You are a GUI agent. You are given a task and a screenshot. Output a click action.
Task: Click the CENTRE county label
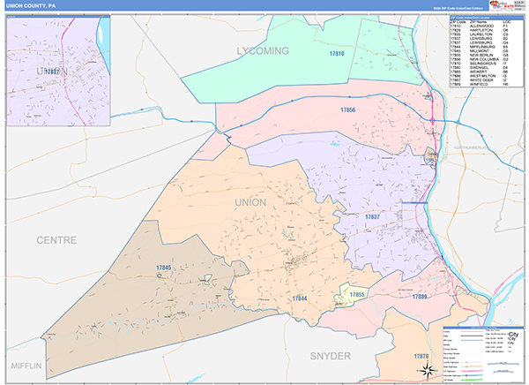[x=56, y=239]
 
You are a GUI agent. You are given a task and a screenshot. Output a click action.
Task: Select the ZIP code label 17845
[x=163, y=268]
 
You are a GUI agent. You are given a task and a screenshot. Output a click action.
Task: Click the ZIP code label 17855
[x=356, y=293]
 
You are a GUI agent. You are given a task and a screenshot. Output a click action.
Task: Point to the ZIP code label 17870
[x=421, y=355]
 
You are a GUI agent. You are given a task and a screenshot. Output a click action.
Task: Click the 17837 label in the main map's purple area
[x=373, y=216]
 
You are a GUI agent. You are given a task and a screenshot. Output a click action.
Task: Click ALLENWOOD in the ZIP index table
[x=480, y=26]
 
